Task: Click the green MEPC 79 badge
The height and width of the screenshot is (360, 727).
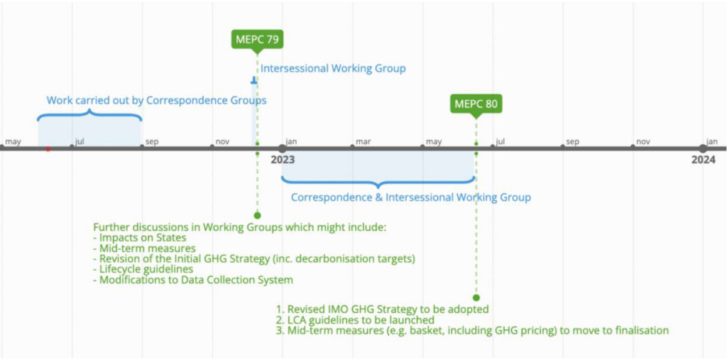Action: [x=257, y=39]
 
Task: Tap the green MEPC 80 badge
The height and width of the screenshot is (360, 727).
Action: [x=476, y=104]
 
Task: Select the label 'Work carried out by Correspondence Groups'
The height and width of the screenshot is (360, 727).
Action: [x=156, y=100]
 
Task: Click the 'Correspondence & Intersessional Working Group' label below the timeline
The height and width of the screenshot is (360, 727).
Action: [x=410, y=197]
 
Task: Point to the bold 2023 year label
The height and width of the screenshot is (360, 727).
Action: [x=283, y=160]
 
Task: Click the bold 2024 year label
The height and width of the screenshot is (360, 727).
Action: [x=703, y=160]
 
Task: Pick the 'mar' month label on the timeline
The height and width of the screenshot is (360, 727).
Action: [x=363, y=141]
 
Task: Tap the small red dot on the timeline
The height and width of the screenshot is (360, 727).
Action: [x=48, y=149]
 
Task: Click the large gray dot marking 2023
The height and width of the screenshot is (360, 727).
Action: [x=283, y=148]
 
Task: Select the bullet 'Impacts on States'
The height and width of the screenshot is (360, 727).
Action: [x=142, y=237]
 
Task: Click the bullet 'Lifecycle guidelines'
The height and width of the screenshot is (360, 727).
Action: [x=146, y=269]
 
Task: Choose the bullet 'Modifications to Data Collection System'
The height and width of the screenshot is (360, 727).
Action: [x=192, y=280]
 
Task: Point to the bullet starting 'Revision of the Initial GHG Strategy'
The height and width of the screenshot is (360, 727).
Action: [x=254, y=258]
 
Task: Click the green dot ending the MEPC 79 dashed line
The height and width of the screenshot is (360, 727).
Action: [x=257, y=214]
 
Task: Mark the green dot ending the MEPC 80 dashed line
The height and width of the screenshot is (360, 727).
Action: [x=476, y=298]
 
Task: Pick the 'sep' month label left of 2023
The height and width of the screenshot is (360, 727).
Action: [x=152, y=141]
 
